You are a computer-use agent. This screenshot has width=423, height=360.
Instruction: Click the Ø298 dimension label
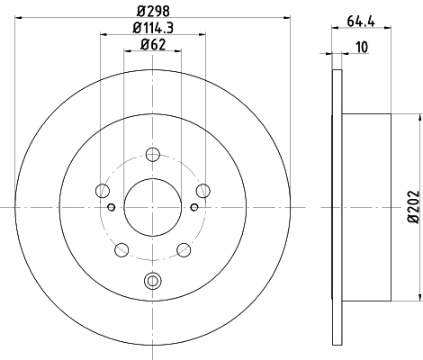click(x=153, y=12)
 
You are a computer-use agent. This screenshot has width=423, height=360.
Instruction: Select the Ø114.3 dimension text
click(x=153, y=28)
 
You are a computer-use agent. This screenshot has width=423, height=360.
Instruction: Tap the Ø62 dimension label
click(x=153, y=44)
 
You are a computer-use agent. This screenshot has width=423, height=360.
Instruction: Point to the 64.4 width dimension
click(x=361, y=22)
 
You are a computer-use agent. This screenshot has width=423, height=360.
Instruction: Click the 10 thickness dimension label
click(x=362, y=47)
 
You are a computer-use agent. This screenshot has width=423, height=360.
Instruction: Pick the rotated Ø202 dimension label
click(x=413, y=206)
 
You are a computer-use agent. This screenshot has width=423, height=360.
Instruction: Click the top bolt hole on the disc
click(x=153, y=155)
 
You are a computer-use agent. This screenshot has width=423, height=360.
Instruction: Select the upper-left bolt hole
click(x=103, y=191)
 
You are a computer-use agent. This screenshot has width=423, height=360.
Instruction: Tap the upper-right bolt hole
click(x=203, y=191)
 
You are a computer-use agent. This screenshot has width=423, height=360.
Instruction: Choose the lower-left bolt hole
click(x=121, y=250)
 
